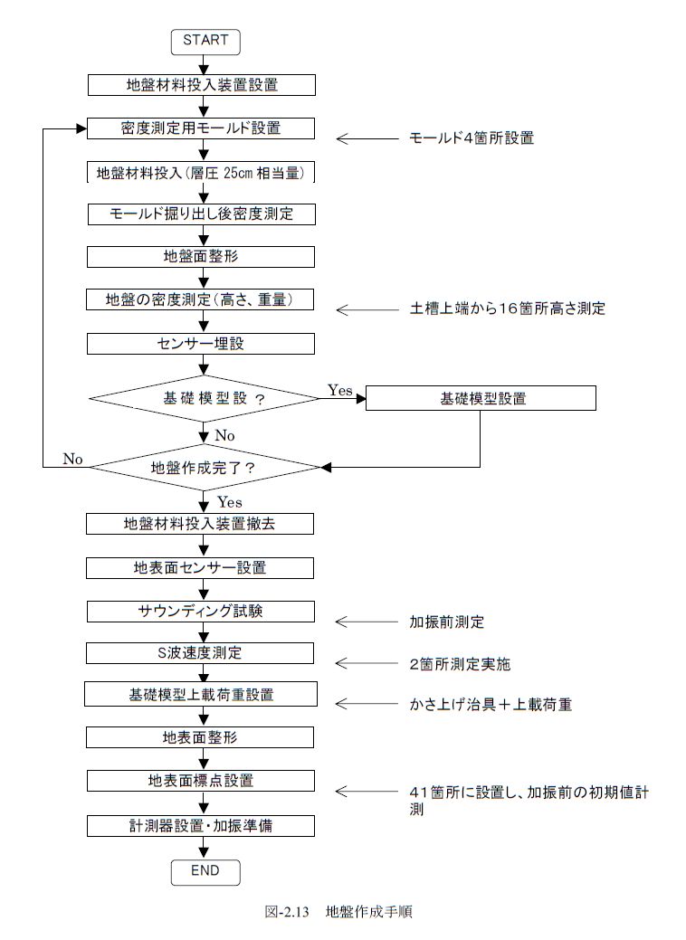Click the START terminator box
click(205, 42)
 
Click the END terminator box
click(205, 871)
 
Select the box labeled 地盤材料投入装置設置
click(202, 84)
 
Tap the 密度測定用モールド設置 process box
click(201, 128)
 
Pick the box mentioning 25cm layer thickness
click(201, 173)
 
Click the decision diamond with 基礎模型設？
click(204, 398)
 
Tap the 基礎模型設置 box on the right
click(481, 398)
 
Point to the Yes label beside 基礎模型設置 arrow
click(340, 390)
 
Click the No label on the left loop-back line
click(72, 460)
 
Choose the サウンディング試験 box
click(200, 612)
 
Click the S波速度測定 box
click(200, 653)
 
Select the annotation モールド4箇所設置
click(472, 138)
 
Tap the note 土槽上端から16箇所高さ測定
click(508, 309)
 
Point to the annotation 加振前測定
click(447, 622)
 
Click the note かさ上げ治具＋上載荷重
click(491, 704)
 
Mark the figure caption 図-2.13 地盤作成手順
click(338, 912)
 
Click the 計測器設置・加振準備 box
click(200, 825)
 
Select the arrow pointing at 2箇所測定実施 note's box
click(367, 663)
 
